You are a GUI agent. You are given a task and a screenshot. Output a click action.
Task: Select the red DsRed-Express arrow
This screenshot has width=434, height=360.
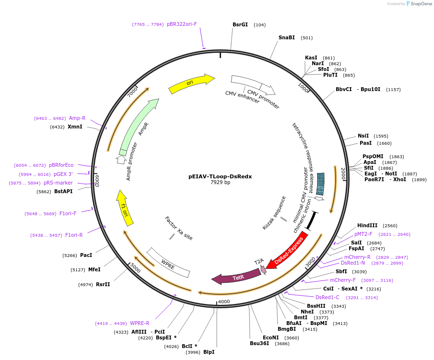(288, 249)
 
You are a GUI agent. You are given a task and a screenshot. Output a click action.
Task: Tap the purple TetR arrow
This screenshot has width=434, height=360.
(235, 277)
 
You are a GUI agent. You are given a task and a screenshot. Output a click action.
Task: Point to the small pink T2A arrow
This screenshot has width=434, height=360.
(263, 269)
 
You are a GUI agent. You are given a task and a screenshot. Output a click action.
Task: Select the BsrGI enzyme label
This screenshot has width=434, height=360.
(240, 24)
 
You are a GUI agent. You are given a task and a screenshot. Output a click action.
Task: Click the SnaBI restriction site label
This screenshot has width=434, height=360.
(287, 37)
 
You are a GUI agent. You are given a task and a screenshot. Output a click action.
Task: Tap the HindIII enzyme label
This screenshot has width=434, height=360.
(367, 225)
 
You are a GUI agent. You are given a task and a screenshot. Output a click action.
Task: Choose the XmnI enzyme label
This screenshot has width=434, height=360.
(75, 127)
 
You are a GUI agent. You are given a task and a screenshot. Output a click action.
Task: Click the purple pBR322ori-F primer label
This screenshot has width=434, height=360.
(182, 24)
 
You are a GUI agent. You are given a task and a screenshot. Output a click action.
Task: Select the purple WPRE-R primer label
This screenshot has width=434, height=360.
(140, 323)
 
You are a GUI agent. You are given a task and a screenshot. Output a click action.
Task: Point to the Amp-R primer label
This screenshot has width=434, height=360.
(77, 118)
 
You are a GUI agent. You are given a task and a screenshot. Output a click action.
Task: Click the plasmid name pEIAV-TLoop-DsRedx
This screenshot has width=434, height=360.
(220, 176)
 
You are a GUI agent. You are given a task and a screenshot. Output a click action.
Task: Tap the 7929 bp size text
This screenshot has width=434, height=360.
(220, 183)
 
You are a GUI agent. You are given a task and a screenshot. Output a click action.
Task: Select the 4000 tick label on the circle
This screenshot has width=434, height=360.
(224, 302)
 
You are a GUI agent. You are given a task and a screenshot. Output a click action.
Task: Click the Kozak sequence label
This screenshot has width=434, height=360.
(274, 212)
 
